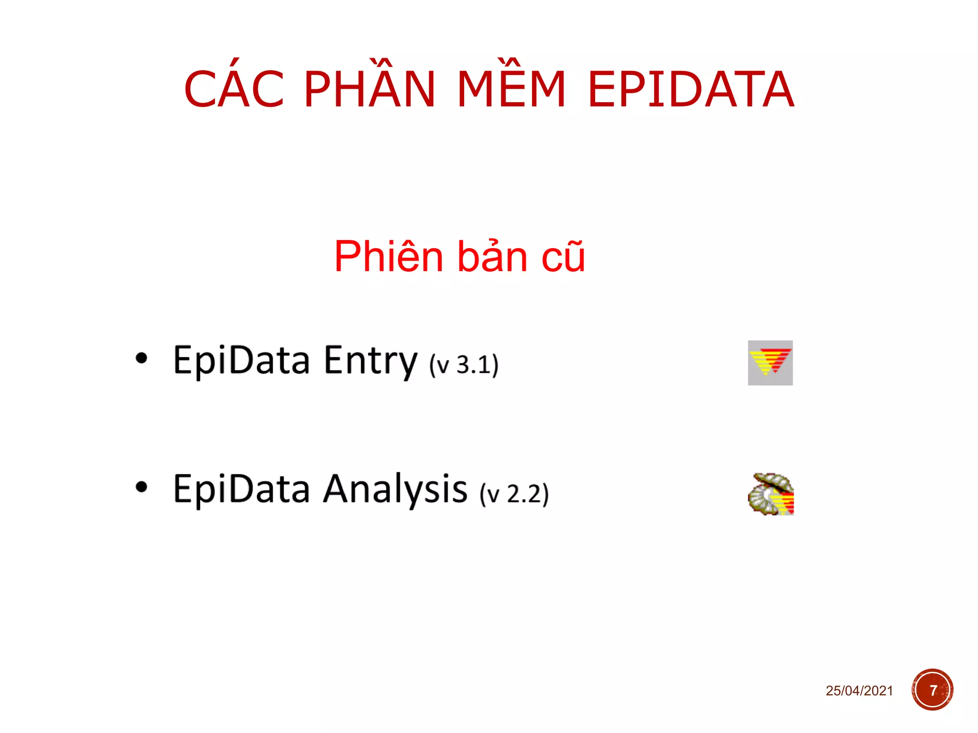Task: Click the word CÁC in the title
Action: pyautogui.click(x=234, y=89)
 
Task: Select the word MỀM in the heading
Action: pyautogui.click(x=511, y=89)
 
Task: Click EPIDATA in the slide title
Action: pyautogui.click(x=691, y=89)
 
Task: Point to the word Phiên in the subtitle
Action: pyautogui.click(x=389, y=257)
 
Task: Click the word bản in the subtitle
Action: pyautogui.click(x=492, y=257)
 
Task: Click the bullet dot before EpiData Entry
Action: pyautogui.click(x=141, y=358)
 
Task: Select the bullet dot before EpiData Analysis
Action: pyautogui.click(x=141, y=487)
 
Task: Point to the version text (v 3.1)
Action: pyautogui.click(x=463, y=365)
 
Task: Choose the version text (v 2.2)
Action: pyautogui.click(x=514, y=494)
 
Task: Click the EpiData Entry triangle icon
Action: pyautogui.click(x=770, y=363)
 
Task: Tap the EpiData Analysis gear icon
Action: pyautogui.click(x=770, y=494)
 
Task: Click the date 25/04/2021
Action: pyautogui.click(x=859, y=691)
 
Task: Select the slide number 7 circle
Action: pyautogui.click(x=932, y=690)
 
